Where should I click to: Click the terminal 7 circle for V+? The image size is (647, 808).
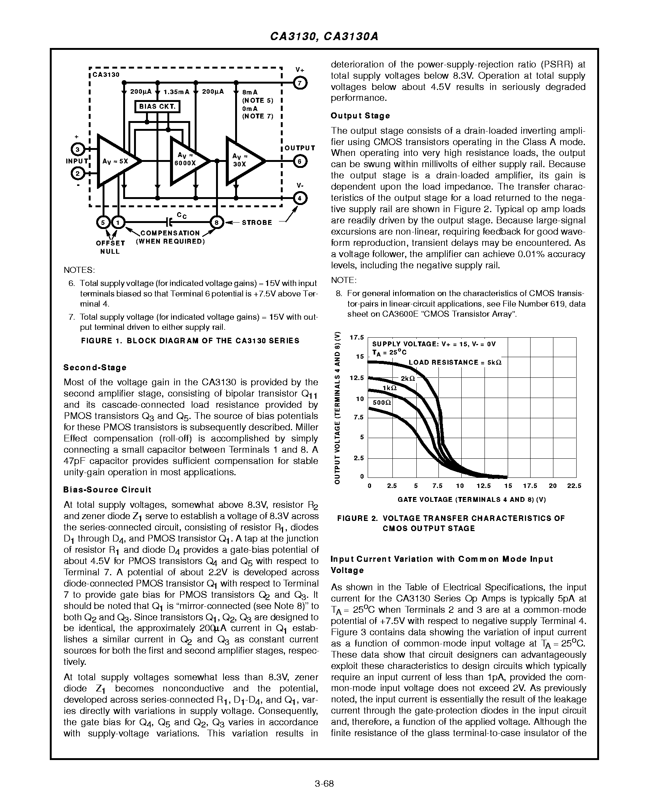pos(300,83)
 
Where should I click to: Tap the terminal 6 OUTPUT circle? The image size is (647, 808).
pos(300,161)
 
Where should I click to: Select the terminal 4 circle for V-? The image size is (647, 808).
pos(300,198)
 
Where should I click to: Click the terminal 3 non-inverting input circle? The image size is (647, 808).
pos(78,150)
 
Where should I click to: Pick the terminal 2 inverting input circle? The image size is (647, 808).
pos(78,174)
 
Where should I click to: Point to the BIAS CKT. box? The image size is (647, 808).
pos(157,106)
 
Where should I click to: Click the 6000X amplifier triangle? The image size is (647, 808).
pos(186,161)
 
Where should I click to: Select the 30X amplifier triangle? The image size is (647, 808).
pos(242,161)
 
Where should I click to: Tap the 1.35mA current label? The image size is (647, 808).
pos(176,92)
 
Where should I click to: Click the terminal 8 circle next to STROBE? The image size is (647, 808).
pos(216,223)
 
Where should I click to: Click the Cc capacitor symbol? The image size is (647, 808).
pos(169,222)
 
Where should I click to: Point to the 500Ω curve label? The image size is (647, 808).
pos(382,402)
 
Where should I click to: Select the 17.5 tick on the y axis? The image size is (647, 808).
pos(356,337)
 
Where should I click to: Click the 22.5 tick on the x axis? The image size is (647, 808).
pos(574,486)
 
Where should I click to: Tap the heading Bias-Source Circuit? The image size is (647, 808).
pos(107,490)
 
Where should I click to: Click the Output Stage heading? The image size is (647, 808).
pos(360,116)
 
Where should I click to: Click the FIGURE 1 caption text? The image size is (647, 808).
pos(190,341)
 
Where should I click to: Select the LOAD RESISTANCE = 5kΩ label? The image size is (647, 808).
pos(455,362)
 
